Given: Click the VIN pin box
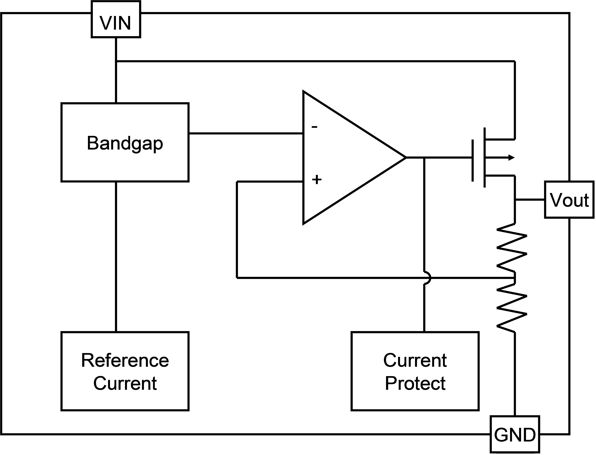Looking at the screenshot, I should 116,19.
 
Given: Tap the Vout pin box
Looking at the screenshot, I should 569,200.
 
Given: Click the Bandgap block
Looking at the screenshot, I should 125,142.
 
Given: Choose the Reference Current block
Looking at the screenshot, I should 125,371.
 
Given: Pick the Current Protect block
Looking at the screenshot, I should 415,371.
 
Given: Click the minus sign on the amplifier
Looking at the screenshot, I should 314,126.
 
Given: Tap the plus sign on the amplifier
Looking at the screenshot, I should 317,179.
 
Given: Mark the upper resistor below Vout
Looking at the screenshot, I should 512,248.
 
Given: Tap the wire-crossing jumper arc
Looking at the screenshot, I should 427,278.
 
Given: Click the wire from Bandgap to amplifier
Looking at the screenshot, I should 246,133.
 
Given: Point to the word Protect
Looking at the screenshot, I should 415,383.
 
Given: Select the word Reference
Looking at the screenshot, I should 125,360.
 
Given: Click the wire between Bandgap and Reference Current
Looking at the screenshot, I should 116,256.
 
